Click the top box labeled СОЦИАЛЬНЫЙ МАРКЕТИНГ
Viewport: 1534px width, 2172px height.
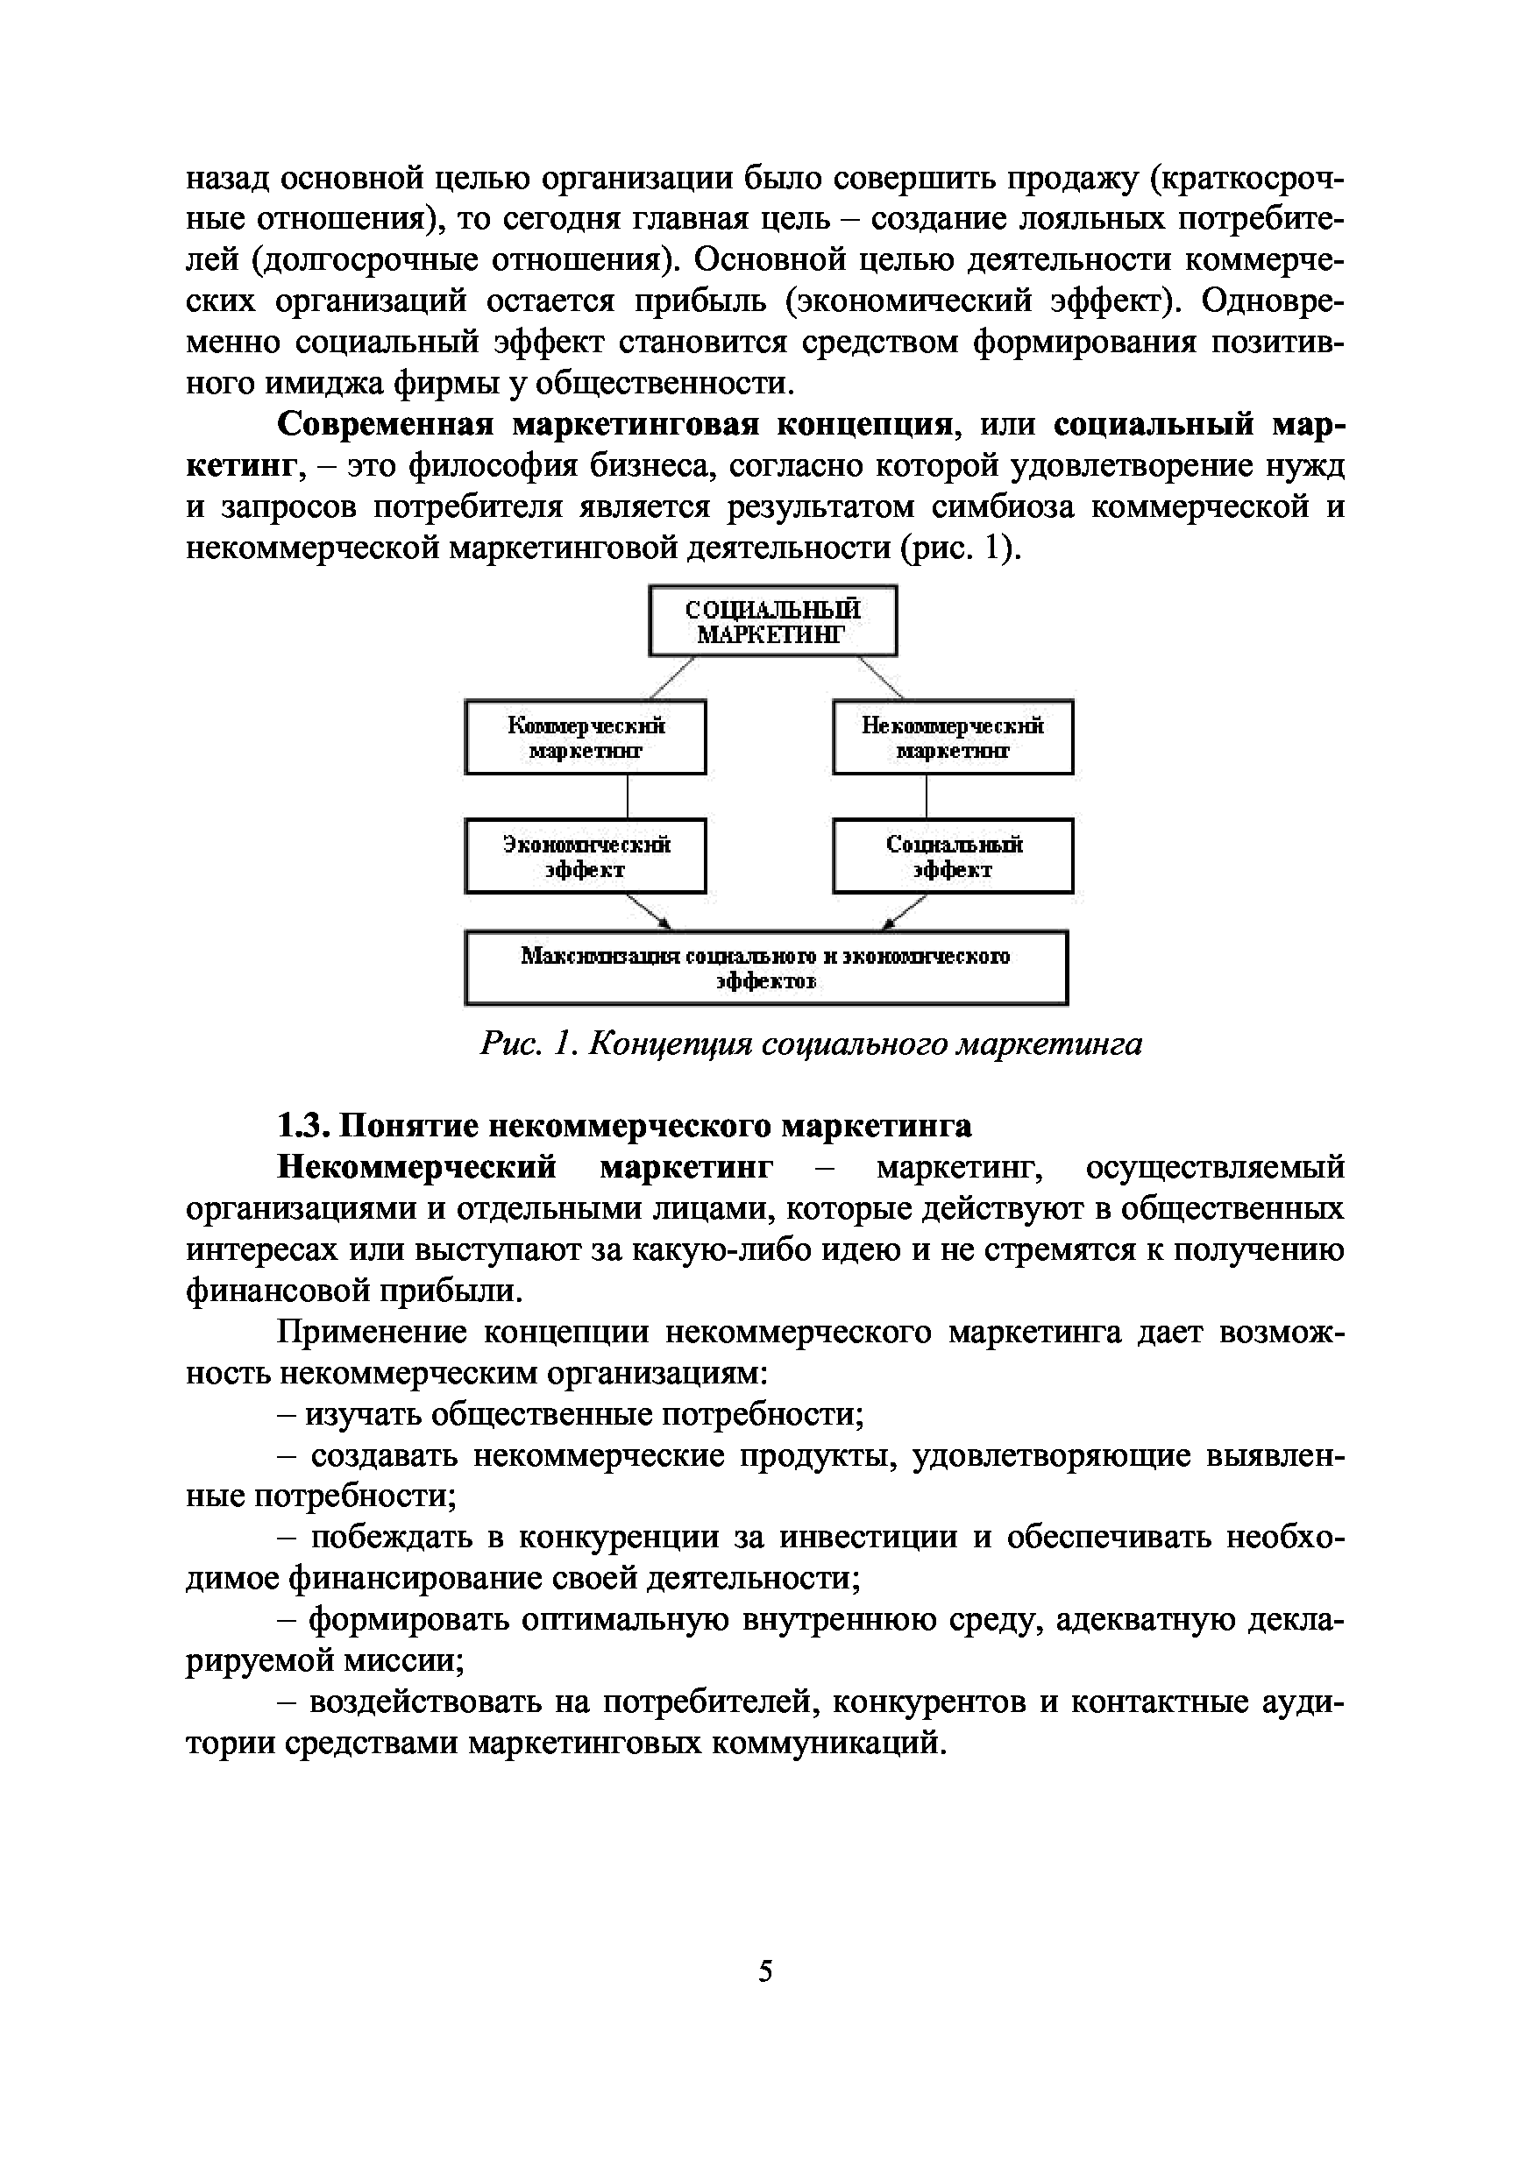coord(772,620)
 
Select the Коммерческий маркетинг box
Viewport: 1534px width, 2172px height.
coord(585,738)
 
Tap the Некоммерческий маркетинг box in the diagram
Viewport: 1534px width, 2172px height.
coord(952,738)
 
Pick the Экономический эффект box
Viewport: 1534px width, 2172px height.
coord(585,856)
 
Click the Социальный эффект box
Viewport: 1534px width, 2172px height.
coord(952,856)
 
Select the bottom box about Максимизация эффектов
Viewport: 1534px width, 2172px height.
coord(765,968)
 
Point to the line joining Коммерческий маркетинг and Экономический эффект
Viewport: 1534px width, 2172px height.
coord(628,796)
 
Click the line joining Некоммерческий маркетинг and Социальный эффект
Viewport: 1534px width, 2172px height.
coord(926,796)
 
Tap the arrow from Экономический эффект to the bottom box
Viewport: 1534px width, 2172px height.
coord(650,911)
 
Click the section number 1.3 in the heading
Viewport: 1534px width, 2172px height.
coord(301,1126)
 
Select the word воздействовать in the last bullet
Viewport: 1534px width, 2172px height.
coord(425,1702)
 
